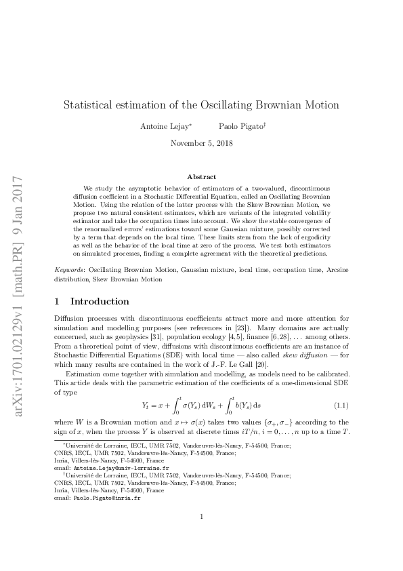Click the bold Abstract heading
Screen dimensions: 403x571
(201, 176)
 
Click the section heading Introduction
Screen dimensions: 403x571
(100, 301)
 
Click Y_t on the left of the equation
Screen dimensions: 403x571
(145, 405)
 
